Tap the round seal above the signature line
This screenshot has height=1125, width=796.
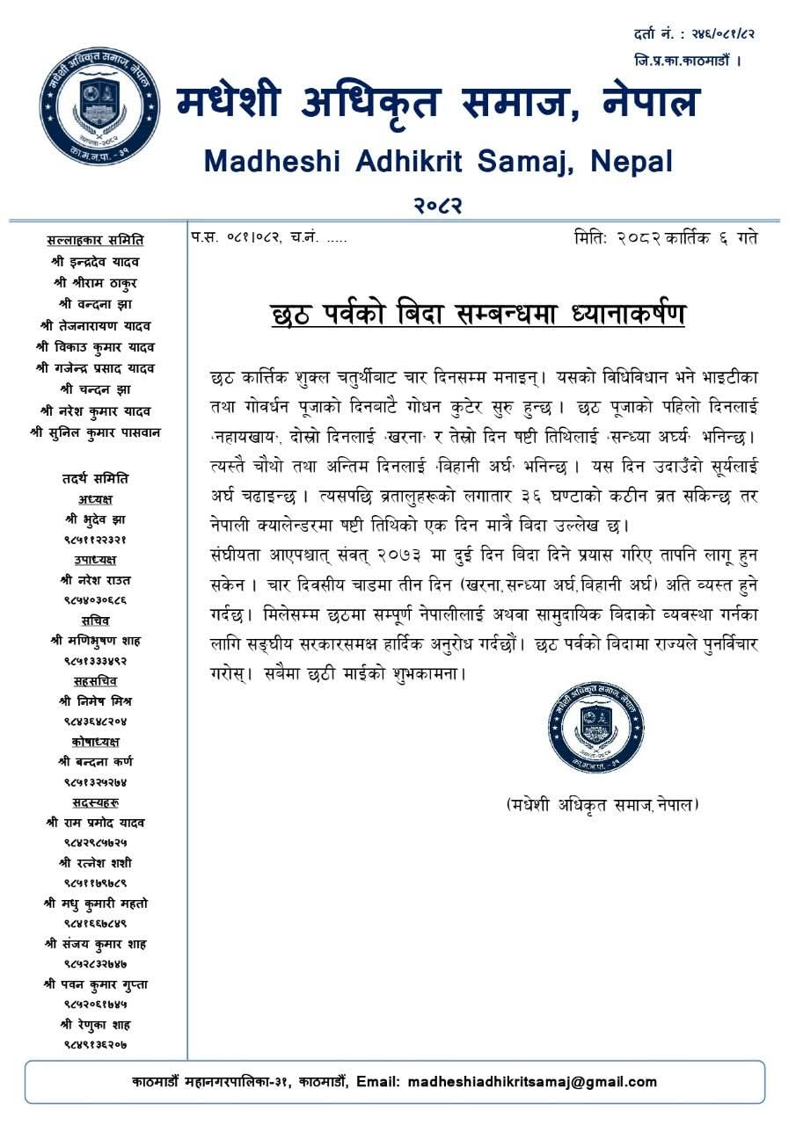pyautogui.click(x=595, y=726)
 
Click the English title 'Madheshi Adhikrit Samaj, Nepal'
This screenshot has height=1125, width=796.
pyautogui.click(x=438, y=161)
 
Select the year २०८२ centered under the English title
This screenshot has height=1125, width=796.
pyautogui.click(x=438, y=205)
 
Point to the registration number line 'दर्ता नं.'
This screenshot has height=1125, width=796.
pyautogui.click(x=693, y=34)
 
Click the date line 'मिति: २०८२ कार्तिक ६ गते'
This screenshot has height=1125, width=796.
pyautogui.click(x=665, y=238)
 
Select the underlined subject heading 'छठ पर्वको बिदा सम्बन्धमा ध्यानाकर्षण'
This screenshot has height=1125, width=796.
pyautogui.click(x=478, y=314)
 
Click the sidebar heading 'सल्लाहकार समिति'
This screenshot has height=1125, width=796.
pyautogui.click(x=95, y=240)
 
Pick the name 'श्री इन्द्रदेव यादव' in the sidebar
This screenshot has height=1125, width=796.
pyautogui.click(x=95, y=262)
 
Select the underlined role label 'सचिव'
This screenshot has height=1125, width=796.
pyautogui.click(x=95, y=621)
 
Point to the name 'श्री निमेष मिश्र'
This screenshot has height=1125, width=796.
pyautogui.click(x=95, y=701)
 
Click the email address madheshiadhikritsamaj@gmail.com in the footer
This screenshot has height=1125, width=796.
pyautogui.click(x=532, y=1082)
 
